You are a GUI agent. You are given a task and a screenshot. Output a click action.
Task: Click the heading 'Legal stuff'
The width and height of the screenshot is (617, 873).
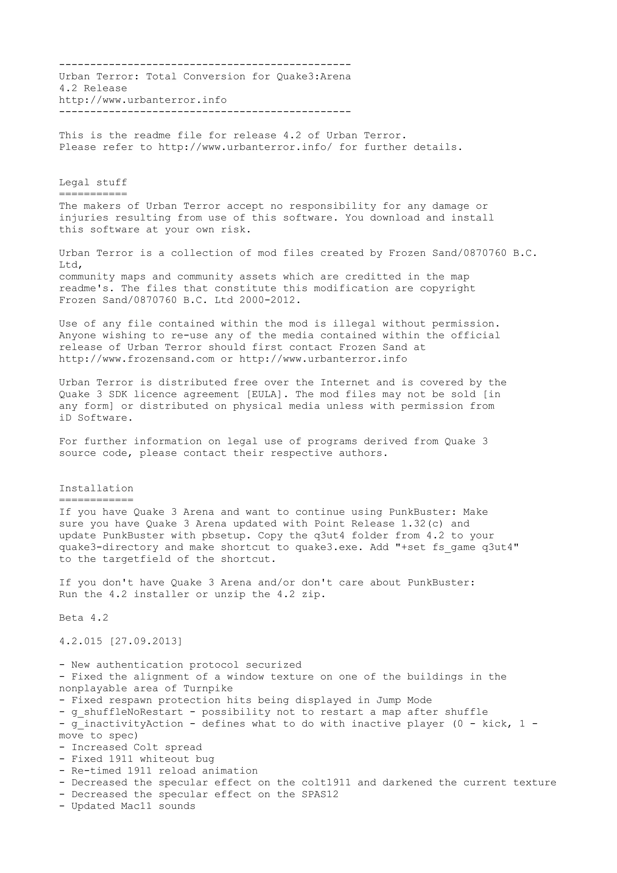93,183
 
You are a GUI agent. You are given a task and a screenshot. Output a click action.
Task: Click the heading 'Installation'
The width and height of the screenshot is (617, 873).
96,488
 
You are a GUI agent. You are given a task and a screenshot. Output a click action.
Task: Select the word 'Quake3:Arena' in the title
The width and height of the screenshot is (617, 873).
313,77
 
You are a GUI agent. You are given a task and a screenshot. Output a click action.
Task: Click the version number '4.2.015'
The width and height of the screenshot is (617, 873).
81,641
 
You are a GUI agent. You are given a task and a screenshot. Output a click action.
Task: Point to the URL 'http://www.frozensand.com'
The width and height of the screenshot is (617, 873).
136,359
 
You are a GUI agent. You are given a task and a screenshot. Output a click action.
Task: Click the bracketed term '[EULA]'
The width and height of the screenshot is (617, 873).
264,394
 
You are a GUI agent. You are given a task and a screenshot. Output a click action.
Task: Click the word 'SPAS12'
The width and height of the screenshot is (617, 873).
320,794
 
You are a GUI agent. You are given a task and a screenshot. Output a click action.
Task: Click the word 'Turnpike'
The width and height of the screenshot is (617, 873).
208,688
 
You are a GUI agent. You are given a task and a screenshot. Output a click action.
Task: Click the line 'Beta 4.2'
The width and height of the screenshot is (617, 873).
84,618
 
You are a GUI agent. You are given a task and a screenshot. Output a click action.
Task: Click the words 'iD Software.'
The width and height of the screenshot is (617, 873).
96,418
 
